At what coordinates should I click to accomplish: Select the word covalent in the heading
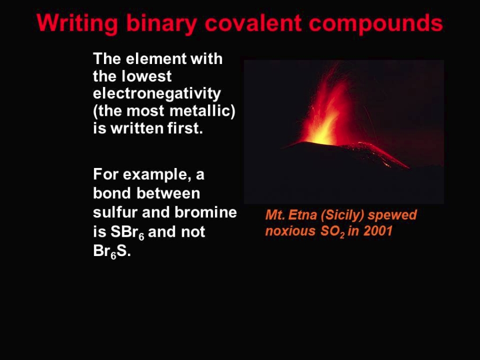tap(253, 22)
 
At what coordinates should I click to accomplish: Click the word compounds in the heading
tap(375, 23)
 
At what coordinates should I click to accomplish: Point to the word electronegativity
tap(157, 93)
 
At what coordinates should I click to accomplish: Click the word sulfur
tap(115, 212)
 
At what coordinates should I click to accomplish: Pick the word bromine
tap(206, 212)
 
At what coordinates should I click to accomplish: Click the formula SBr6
tap(127, 232)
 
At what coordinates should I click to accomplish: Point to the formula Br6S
tap(112, 251)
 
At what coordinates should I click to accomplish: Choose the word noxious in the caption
tap(290, 231)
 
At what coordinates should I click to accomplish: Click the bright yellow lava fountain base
tap(322, 136)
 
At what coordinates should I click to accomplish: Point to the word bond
tap(112, 193)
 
